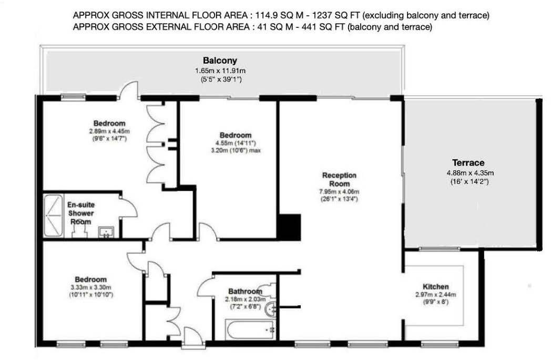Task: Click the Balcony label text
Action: tap(220, 61)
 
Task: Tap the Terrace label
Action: tap(469, 163)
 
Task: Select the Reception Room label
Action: tap(339, 179)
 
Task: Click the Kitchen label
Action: tap(436, 286)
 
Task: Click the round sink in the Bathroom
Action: tap(270, 309)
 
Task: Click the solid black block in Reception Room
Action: tap(288, 226)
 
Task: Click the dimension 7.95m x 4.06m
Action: tap(339, 192)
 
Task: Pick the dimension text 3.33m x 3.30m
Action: tap(90, 287)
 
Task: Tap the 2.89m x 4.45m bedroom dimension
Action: tap(109, 131)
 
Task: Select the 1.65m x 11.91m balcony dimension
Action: tap(220, 70)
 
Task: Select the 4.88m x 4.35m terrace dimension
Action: tap(469, 172)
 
